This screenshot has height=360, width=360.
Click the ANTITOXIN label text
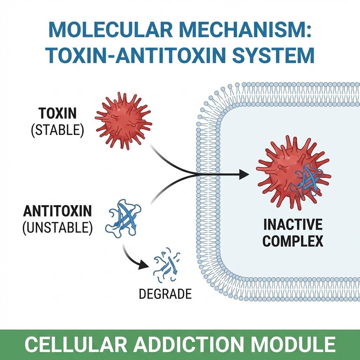click(x=57, y=212)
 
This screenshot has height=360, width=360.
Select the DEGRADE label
click(x=165, y=294)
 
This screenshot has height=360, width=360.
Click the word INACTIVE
click(x=293, y=225)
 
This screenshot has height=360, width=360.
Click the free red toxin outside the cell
click(x=123, y=119)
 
